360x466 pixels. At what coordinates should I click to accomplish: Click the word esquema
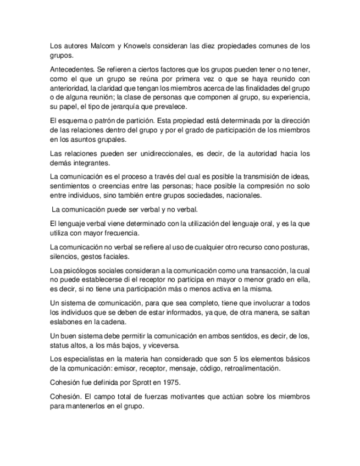pos(71,120)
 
